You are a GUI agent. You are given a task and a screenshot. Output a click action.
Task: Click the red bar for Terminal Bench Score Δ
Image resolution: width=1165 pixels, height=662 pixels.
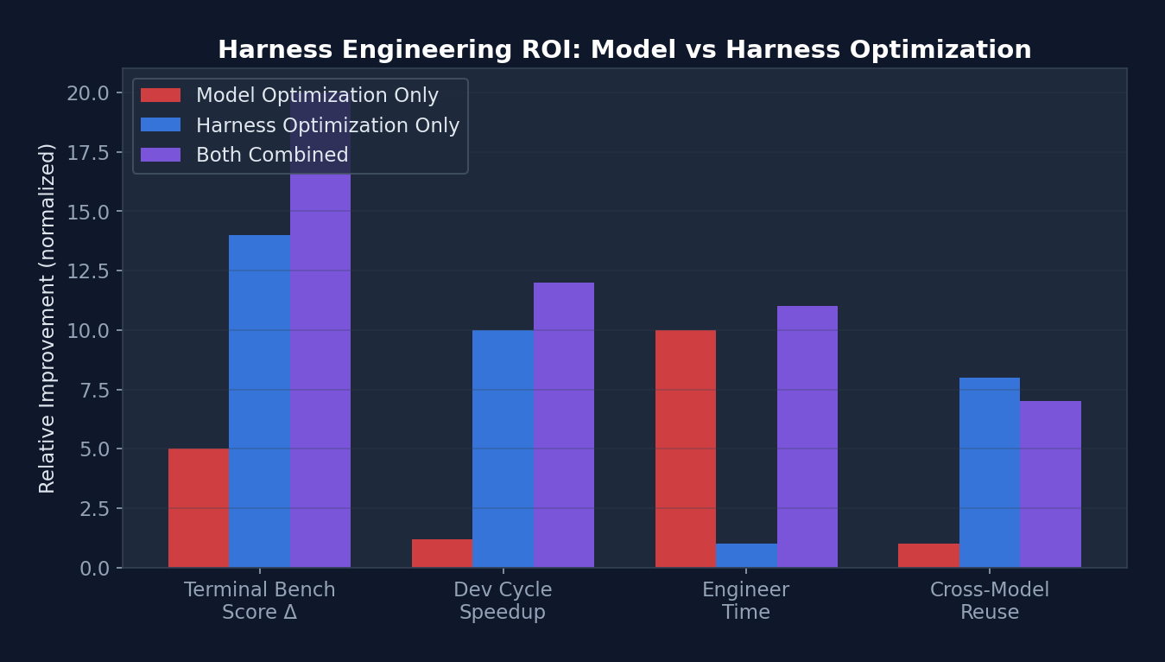tap(199, 508)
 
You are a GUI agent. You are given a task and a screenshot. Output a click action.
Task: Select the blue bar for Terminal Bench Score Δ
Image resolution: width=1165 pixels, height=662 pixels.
tap(259, 401)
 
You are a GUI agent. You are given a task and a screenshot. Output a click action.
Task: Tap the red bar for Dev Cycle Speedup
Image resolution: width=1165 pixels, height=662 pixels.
tap(442, 553)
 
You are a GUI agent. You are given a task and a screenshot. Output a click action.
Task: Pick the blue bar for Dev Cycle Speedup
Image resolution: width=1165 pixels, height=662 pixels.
tap(503, 449)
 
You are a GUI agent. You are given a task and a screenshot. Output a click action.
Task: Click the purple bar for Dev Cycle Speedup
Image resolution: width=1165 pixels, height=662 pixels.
tap(563, 425)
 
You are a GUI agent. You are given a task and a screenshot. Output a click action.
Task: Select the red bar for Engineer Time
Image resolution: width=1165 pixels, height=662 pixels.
tap(686, 449)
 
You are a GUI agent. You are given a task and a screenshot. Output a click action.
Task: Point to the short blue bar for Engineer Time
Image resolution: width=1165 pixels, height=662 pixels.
tap(746, 556)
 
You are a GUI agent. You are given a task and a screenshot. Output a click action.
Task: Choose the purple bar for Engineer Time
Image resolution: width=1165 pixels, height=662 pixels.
tap(807, 436)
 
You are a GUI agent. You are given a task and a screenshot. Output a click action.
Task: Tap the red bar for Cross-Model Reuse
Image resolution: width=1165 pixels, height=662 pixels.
tap(928, 556)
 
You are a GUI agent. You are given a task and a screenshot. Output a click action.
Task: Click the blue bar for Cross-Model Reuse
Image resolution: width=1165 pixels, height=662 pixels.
tap(990, 473)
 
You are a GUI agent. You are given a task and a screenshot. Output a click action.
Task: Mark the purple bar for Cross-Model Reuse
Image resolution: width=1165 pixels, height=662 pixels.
tap(1050, 484)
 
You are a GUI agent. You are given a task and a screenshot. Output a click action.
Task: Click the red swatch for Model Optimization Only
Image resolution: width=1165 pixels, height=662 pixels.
tap(161, 96)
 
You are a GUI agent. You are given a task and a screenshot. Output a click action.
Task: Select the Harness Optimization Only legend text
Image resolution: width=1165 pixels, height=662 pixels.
tap(327, 126)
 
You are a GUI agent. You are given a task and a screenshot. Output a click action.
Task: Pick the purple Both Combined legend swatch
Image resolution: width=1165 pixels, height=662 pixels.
tap(161, 156)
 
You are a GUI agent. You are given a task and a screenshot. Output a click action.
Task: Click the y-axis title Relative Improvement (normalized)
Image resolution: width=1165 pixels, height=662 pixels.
tap(47, 318)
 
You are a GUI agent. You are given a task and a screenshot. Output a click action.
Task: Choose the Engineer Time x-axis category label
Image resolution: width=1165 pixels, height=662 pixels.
tap(745, 601)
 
